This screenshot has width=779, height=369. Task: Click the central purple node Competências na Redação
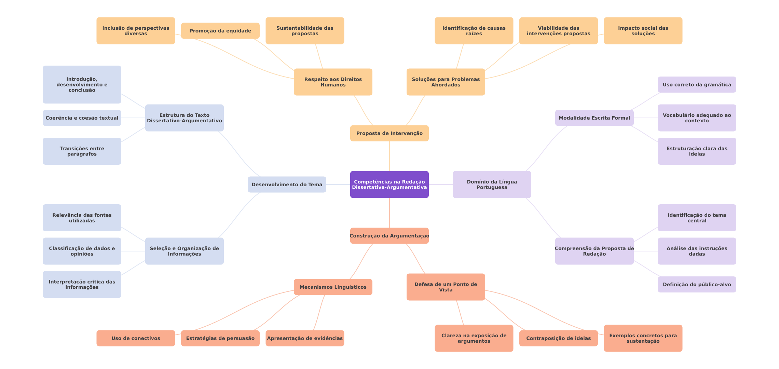(389, 184)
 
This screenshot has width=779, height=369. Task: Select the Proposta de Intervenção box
(389, 133)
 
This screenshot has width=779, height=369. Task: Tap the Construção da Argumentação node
(389, 236)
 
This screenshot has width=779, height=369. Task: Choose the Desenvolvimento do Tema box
(287, 184)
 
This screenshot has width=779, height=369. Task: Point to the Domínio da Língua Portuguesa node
(492, 184)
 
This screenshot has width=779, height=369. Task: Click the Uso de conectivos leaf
(136, 338)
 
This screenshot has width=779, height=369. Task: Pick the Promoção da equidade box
(220, 31)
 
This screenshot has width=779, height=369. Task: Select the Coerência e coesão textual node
(82, 118)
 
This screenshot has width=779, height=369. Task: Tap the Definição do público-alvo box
(697, 284)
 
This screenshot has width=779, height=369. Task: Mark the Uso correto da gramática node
(697, 84)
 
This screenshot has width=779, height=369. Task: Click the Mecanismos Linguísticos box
(333, 287)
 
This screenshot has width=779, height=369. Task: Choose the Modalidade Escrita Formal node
(594, 118)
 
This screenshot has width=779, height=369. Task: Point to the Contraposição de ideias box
(558, 338)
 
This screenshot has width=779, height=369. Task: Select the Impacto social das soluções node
(643, 31)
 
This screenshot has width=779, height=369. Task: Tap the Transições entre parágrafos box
(82, 151)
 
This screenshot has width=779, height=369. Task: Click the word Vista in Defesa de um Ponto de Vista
(446, 290)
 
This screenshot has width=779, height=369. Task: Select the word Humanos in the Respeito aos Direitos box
(333, 85)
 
